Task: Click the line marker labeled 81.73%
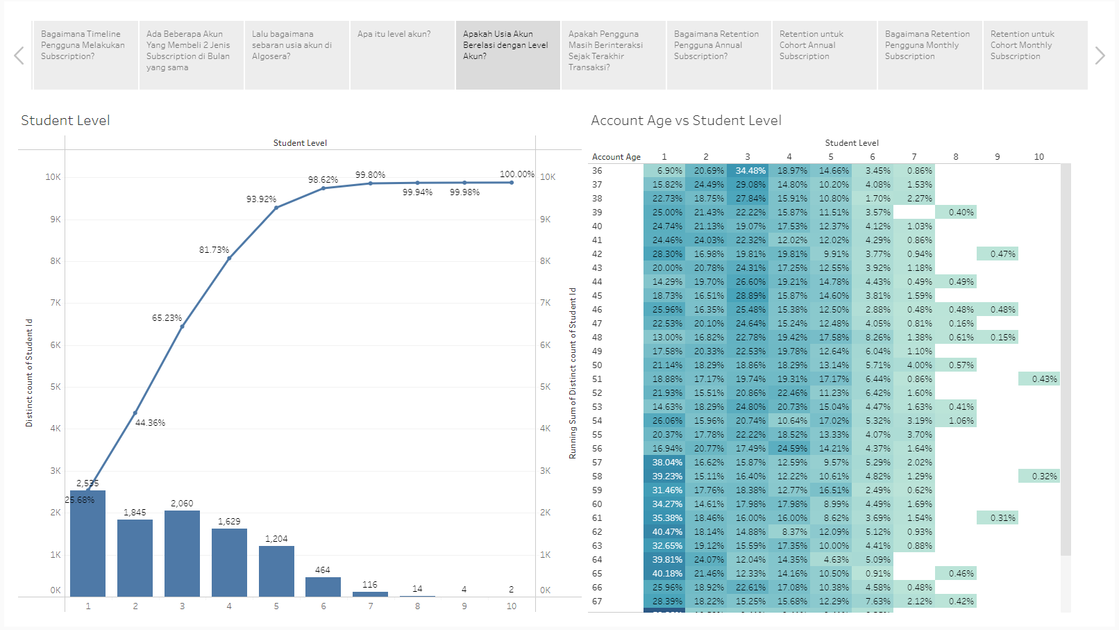(229, 258)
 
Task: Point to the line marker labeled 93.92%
(276, 208)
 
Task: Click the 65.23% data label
(167, 318)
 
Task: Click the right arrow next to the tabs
(1100, 56)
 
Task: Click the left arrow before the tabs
(19, 56)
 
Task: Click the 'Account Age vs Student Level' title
(686, 120)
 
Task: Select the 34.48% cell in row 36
(750, 171)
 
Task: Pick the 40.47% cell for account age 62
(666, 532)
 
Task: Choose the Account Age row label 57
(597, 463)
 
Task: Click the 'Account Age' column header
(616, 157)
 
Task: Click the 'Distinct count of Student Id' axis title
(29, 372)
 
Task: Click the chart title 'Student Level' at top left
(65, 120)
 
